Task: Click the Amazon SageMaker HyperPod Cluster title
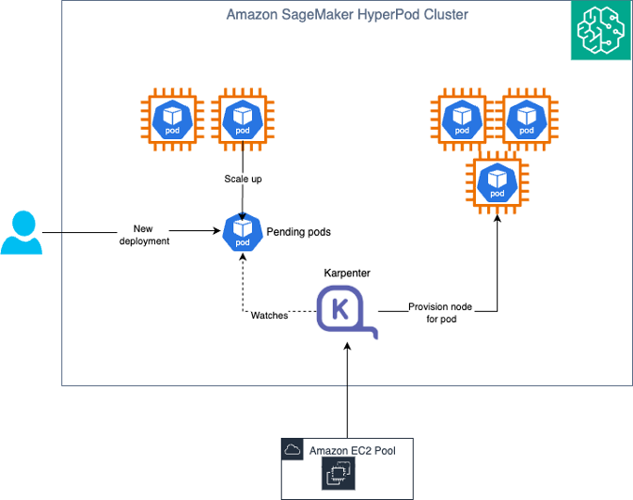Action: [347, 15]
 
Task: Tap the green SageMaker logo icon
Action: [601, 30]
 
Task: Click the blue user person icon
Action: [21, 233]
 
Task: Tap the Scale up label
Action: [243, 179]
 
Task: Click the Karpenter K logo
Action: [344, 311]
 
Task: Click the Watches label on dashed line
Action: [269, 315]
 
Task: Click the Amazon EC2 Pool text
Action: [353, 451]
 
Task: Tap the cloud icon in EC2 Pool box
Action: [293, 450]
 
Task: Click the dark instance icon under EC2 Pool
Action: [338, 476]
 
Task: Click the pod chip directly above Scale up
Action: [243, 118]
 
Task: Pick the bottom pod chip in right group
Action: [498, 182]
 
